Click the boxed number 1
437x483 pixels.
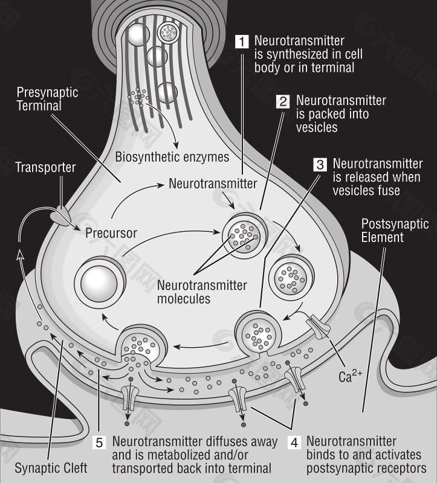pos(241,42)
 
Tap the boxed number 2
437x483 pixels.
pos(283,101)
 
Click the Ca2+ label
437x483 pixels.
pos(351,379)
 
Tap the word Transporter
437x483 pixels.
pos(45,167)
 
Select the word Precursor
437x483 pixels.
pos(111,232)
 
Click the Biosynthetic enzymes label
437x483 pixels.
pos(172,158)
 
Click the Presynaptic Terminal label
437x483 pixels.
pos(47,99)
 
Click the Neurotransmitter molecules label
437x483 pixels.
pos(202,292)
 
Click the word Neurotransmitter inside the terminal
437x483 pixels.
pos(213,184)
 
